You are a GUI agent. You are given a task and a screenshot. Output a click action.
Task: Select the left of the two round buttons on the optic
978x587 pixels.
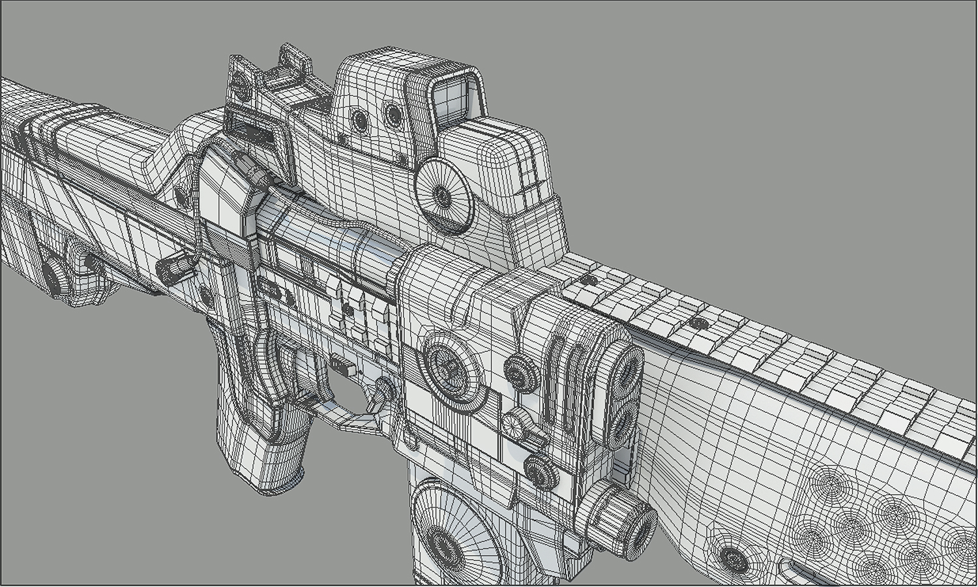(359, 119)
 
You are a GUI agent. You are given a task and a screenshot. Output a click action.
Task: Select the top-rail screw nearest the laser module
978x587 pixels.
(588, 280)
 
